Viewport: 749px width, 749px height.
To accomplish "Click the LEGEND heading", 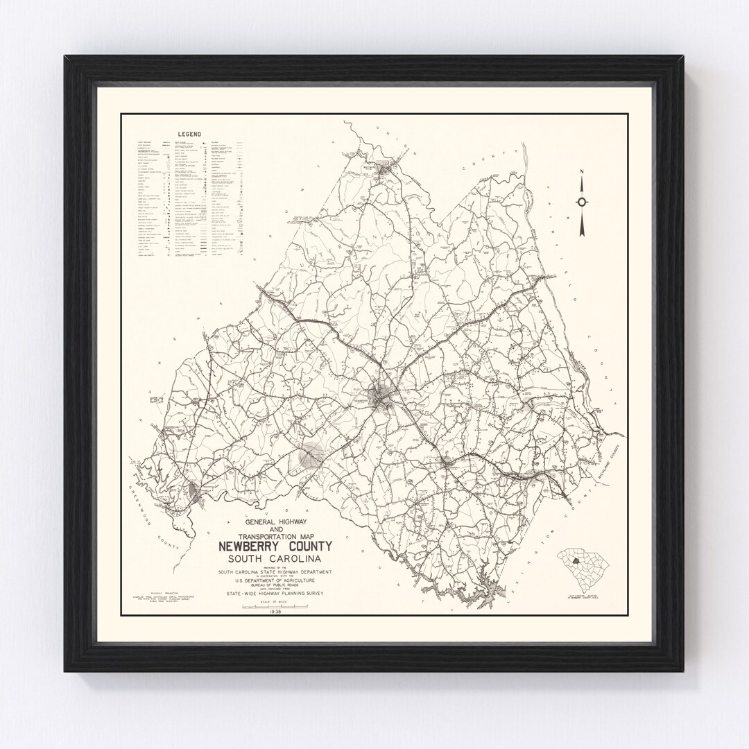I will pos(189,135).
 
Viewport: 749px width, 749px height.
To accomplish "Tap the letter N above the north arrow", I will pos(582,175).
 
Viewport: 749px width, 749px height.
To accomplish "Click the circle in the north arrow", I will pos(582,202).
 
